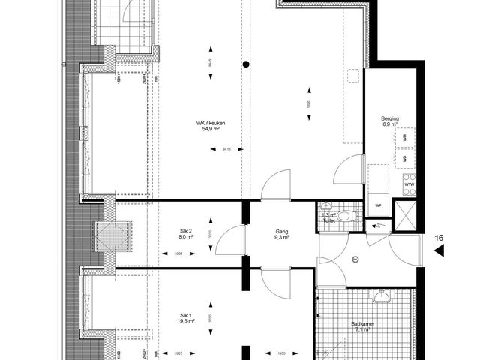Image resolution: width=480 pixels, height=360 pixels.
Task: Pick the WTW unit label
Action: (x=409, y=184)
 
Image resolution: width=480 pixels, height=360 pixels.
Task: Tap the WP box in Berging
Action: (x=378, y=204)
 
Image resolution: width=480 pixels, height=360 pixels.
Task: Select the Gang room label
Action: (x=282, y=232)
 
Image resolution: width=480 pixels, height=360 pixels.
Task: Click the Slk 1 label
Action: (x=185, y=315)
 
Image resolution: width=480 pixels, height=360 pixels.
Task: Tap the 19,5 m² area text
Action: (x=185, y=322)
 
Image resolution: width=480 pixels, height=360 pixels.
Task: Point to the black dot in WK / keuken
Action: (x=244, y=65)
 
